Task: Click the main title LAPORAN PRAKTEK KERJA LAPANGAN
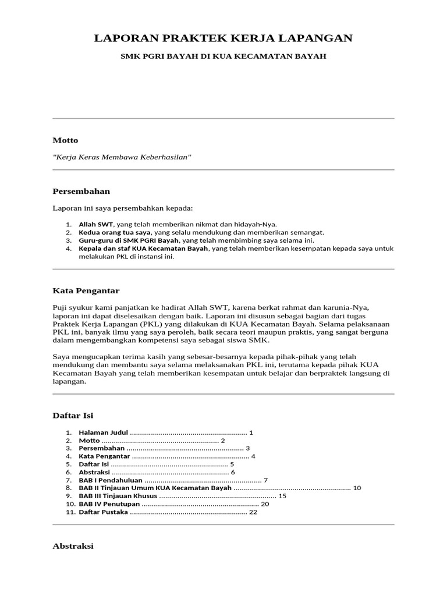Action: point(223,38)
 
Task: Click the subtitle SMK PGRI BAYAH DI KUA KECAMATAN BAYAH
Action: point(223,56)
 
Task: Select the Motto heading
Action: point(65,140)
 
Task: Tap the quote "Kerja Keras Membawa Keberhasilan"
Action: point(122,158)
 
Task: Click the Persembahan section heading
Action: point(81,191)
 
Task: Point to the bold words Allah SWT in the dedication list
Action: point(95,224)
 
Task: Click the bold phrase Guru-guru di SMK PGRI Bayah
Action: point(129,240)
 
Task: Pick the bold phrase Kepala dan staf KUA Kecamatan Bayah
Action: point(143,248)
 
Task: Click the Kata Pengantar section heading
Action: point(86,290)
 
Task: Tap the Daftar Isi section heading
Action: point(73,415)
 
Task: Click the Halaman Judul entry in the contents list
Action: point(103,432)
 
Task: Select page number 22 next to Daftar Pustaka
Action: point(253,512)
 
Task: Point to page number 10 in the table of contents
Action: point(357,488)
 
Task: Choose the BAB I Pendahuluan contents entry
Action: point(111,480)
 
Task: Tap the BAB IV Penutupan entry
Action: point(109,504)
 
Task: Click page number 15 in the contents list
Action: point(283,496)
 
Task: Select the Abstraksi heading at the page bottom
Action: point(73,547)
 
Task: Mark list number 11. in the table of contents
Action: point(70,512)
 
